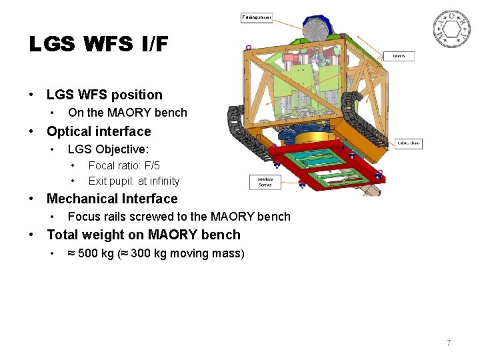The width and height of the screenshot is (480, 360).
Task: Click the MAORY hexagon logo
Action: pos(453,30)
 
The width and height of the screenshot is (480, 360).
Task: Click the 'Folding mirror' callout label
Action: pos(257,17)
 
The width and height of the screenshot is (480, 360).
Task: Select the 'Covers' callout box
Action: pos(399,56)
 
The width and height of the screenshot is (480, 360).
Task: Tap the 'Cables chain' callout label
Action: pos(408,143)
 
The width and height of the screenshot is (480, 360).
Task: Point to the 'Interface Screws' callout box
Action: pos(265,182)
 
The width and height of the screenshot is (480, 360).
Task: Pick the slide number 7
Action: pos(449,343)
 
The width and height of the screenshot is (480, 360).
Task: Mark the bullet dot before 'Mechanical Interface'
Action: pos(31,199)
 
